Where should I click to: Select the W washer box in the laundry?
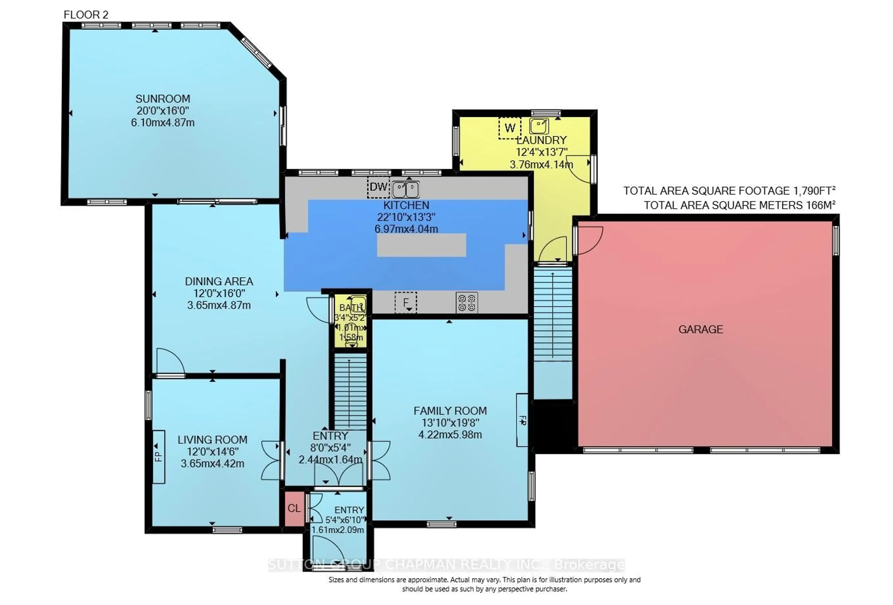pyautogui.click(x=510, y=128)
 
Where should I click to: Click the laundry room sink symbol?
pyautogui.click(x=539, y=126)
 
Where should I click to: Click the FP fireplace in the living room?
pyautogui.click(x=159, y=456)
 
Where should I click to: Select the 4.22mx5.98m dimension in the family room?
pyautogui.click(x=450, y=435)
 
